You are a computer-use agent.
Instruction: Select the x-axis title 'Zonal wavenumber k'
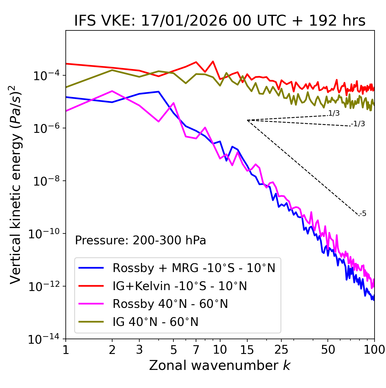tap(220, 365)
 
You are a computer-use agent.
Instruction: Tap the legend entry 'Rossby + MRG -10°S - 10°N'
tap(194, 268)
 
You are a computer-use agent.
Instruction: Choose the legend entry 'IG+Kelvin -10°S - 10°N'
tap(180, 286)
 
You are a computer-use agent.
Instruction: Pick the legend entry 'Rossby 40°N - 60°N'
tap(170, 304)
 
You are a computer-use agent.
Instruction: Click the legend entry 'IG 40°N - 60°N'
tap(155, 322)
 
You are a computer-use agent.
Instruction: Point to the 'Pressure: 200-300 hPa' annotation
tap(141, 240)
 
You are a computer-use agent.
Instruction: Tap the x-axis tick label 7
tap(196, 350)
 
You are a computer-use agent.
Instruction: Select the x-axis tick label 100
tap(374, 350)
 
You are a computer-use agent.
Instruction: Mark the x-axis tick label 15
tap(247, 350)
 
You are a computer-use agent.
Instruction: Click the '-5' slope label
tap(363, 214)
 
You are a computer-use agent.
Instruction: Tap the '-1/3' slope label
tap(358, 124)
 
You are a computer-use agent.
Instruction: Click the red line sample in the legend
tap(91, 286)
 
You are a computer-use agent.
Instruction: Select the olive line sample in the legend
tap(91, 322)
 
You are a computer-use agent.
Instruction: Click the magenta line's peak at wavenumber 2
tap(112, 91)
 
